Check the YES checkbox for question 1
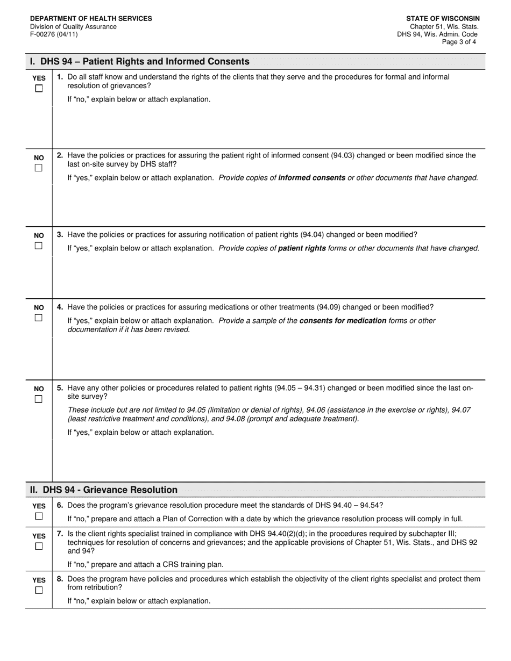tap(39, 89)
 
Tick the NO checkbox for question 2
tap(39, 168)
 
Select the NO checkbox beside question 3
tap(39, 246)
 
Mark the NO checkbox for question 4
tap(39, 318)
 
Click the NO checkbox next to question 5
tap(39, 399)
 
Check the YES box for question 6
tap(39, 516)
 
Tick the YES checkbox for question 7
tap(39, 546)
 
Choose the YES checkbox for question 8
tap(39, 590)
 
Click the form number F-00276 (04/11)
tap(54, 34)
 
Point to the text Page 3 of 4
tap(459, 42)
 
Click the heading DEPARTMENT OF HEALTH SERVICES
tap(91, 19)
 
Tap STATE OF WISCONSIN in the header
tap(443, 19)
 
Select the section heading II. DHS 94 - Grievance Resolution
tap(104, 490)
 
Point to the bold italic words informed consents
tap(311, 178)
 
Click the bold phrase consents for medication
tap(343, 321)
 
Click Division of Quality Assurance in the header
tap(73, 26)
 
